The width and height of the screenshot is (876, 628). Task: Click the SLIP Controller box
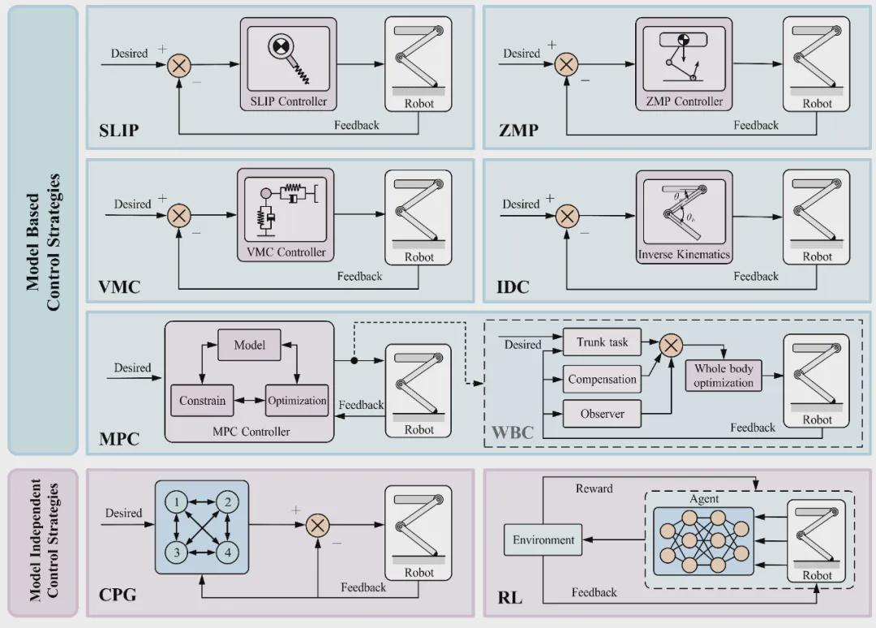point(288,66)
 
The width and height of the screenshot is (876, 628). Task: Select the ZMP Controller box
point(679,66)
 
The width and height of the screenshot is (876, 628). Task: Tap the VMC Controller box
point(286,216)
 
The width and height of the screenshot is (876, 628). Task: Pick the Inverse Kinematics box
point(684,217)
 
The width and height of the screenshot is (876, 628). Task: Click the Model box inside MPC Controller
point(250,346)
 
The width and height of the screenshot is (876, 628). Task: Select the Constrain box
point(202,401)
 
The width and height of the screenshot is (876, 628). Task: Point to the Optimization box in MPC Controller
point(297,401)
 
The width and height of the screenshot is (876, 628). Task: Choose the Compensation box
point(602,379)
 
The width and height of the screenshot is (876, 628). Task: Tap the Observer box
point(602,414)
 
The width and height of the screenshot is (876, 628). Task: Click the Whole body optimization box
point(724,376)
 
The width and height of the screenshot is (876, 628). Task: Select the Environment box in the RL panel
point(543,540)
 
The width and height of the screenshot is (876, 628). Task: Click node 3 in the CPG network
point(176,553)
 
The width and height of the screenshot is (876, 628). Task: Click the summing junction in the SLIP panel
point(178,64)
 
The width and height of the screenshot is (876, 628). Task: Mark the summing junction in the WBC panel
point(671,345)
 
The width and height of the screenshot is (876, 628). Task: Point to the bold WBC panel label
point(513,432)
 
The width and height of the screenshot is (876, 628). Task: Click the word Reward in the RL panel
point(595,488)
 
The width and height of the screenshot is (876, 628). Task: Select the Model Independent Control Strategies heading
point(44,541)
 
